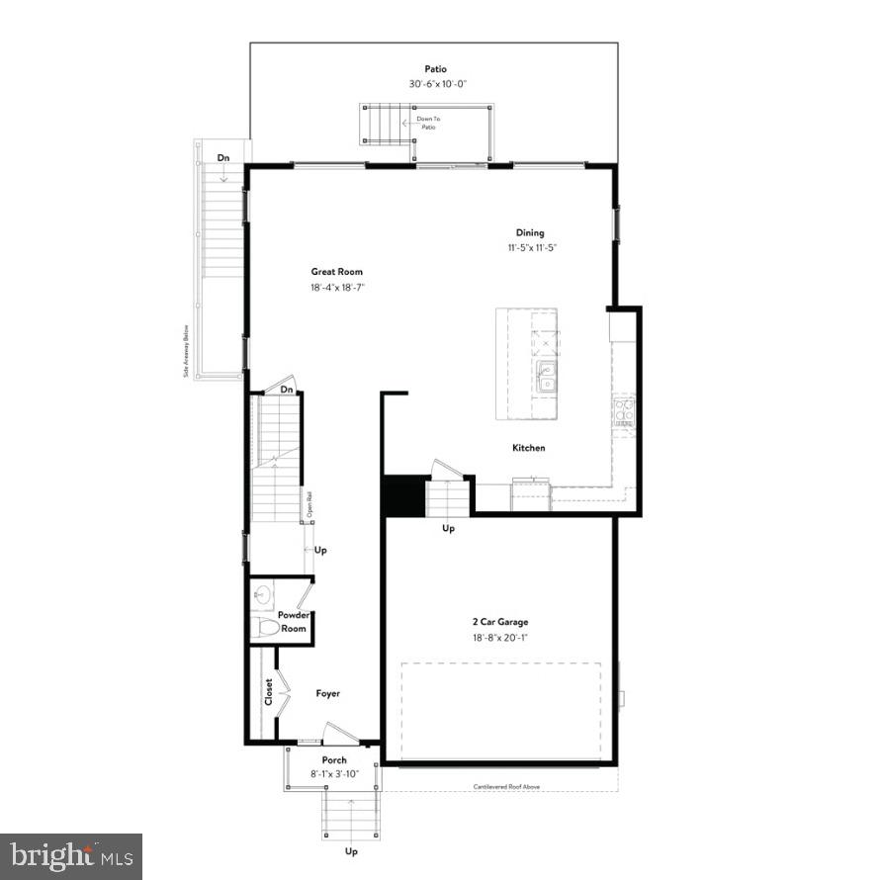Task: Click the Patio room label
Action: pyautogui.click(x=435, y=69)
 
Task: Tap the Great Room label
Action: pyautogui.click(x=337, y=271)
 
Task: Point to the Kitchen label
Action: pyautogui.click(x=528, y=448)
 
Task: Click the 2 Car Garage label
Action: pyautogui.click(x=499, y=622)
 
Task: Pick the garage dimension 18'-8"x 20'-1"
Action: pyautogui.click(x=499, y=638)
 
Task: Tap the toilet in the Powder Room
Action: pyautogui.click(x=264, y=627)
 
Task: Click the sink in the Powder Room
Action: pyautogui.click(x=262, y=594)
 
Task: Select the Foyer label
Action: pyautogui.click(x=327, y=693)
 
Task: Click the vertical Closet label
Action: pyautogui.click(x=269, y=692)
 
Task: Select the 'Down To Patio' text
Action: pyautogui.click(x=428, y=123)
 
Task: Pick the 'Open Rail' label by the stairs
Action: pyautogui.click(x=309, y=504)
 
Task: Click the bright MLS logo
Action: pyautogui.click(x=71, y=855)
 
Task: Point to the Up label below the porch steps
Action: pyautogui.click(x=350, y=850)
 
